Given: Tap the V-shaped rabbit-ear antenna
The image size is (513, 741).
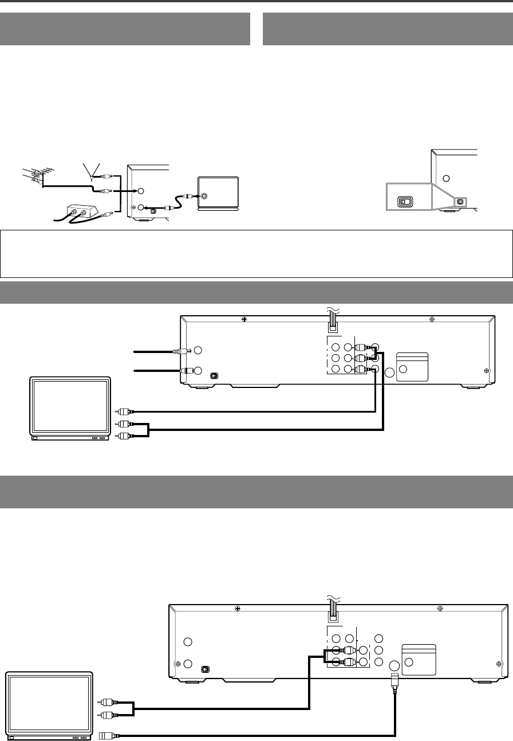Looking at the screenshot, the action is click(90, 170).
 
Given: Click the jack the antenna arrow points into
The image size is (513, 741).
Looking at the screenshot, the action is click(141, 191).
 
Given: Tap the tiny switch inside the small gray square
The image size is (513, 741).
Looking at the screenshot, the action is click(460, 202).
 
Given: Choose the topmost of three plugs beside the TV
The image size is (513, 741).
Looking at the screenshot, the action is click(124, 411).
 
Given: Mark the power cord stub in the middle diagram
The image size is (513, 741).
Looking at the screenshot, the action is click(332, 327).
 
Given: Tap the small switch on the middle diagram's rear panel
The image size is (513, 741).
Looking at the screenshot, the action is click(214, 376).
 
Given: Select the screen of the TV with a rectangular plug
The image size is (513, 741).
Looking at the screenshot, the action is click(48, 704).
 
